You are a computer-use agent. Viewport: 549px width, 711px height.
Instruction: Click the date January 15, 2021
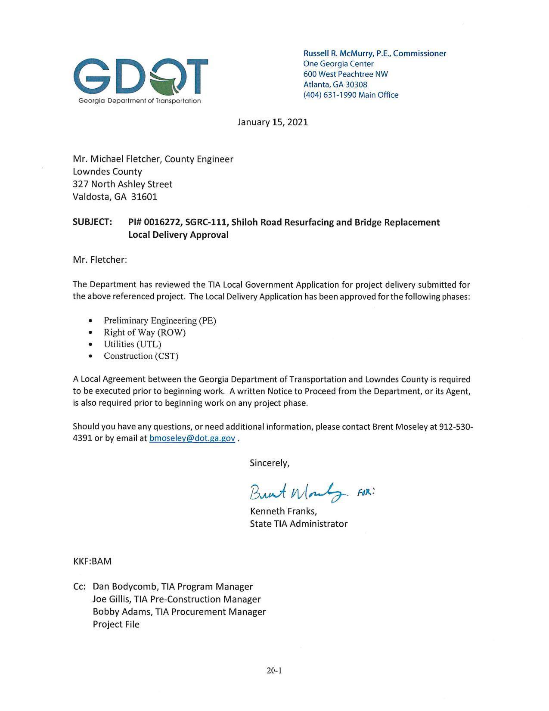point(273,122)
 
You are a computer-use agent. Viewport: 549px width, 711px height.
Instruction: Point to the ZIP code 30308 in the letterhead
point(356,84)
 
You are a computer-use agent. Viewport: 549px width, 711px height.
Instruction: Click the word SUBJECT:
point(93,222)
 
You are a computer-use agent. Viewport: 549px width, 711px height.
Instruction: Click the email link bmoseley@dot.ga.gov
point(192,438)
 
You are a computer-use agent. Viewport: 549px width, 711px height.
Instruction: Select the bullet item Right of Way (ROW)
point(145,332)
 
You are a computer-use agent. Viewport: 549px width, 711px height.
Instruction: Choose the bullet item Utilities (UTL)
point(132,344)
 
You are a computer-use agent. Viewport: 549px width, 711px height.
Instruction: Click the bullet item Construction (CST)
point(141,356)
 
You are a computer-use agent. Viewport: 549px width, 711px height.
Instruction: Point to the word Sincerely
point(270,463)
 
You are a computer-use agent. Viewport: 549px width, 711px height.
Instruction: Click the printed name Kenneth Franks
point(283,511)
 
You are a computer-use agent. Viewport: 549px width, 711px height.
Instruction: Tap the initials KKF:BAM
point(92,561)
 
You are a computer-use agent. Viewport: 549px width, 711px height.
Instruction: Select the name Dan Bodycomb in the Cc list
point(124,587)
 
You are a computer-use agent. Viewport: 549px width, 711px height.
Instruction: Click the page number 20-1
point(274,671)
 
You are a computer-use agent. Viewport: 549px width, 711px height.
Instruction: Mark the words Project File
point(116,624)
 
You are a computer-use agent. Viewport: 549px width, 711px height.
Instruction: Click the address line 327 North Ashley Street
point(122,184)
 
